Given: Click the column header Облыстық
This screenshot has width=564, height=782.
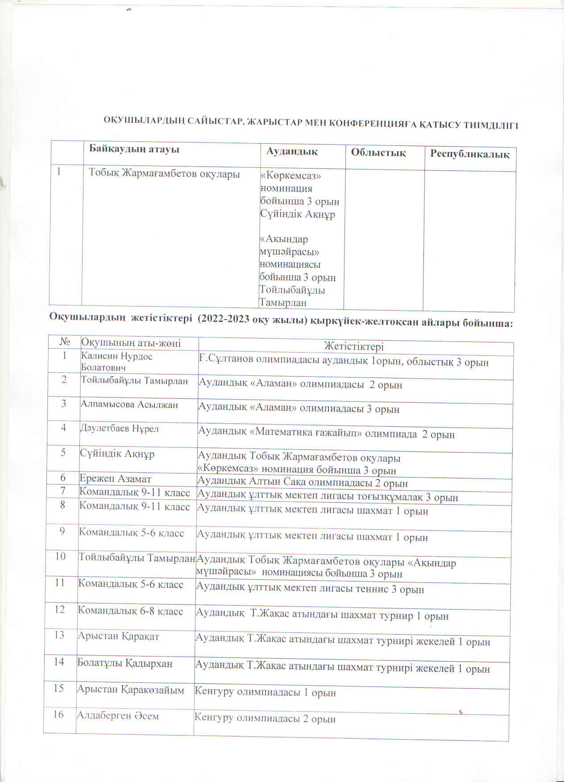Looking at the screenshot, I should tap(378, 153).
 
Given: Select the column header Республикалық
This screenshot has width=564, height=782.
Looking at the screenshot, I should tap(469, 154).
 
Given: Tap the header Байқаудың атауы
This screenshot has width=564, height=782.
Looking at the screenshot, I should tap(134, 149).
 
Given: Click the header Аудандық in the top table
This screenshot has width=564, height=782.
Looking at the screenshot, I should tap(292, 152).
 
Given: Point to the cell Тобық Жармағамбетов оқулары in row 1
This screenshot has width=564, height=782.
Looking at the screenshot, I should tap(164, 174).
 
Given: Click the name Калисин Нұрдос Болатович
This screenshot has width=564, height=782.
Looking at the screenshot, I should tap(116, 362).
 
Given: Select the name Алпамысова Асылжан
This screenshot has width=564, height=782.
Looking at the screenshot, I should tap(129, 405).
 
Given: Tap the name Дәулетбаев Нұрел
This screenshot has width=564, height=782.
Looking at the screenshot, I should tap(119, 429).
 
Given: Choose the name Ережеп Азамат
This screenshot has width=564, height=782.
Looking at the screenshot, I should tap(116, 479).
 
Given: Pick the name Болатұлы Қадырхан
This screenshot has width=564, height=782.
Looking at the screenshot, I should tap(124, 664).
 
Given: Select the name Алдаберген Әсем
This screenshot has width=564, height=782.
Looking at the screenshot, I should tap(118, 716).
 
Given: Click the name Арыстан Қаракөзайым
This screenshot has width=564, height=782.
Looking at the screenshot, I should tap(130, 690).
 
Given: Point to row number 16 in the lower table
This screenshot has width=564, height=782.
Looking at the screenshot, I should tap(58, 715).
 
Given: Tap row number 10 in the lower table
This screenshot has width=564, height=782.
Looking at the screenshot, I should tap(60, 557).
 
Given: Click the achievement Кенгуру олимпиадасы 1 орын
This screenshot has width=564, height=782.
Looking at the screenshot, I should tap(265, 693).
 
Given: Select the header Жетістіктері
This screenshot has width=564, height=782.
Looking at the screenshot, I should tap(354, 347).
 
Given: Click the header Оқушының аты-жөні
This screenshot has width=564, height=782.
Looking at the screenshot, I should tap(131, 343).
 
